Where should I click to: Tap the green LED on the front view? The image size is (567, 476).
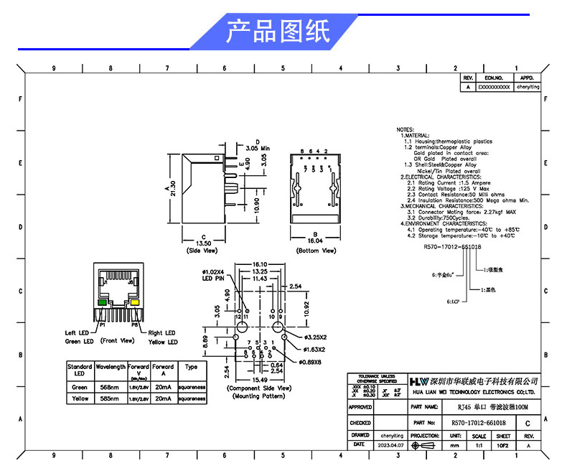[102, 303]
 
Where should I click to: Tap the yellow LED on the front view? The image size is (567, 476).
[134, 303]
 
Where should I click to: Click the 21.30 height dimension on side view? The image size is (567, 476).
[174, 188]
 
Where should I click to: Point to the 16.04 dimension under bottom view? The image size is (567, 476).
[316, 243]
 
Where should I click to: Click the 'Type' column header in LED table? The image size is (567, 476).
[191, 366]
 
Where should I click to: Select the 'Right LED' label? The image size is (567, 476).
[161, 333]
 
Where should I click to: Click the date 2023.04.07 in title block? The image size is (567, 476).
[391, 445]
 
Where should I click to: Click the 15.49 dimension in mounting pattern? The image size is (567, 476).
[259, 379]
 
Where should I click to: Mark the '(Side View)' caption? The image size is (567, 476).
[202, 251]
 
